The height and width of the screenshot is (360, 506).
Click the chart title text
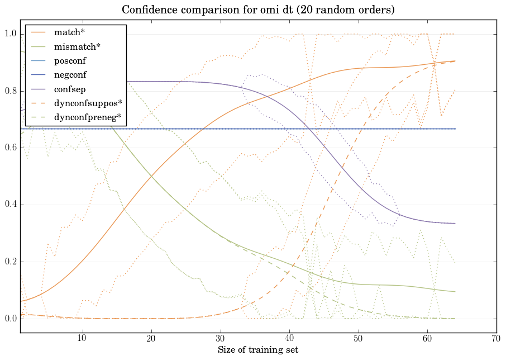point(257,10)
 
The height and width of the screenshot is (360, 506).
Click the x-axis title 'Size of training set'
point(257,350)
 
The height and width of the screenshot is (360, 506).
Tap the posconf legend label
point(70,60)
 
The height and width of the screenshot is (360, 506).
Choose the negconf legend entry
point(70,74)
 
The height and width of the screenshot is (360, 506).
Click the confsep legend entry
point(69,89)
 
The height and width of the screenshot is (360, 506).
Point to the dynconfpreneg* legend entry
point(87,117)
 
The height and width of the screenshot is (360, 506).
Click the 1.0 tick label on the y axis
point(11,35)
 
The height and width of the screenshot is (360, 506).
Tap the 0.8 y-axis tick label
point(11,91)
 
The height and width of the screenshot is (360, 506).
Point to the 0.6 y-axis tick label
point(11,148)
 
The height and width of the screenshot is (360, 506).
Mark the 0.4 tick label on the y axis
point(11,205)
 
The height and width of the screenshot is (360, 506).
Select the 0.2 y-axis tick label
point(11,262)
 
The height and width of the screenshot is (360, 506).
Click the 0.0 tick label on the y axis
point(11,319)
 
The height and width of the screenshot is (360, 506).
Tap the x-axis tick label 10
point(82,338)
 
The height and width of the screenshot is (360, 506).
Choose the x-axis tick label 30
point(220,338)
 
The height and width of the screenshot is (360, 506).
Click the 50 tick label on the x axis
point(358,338)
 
